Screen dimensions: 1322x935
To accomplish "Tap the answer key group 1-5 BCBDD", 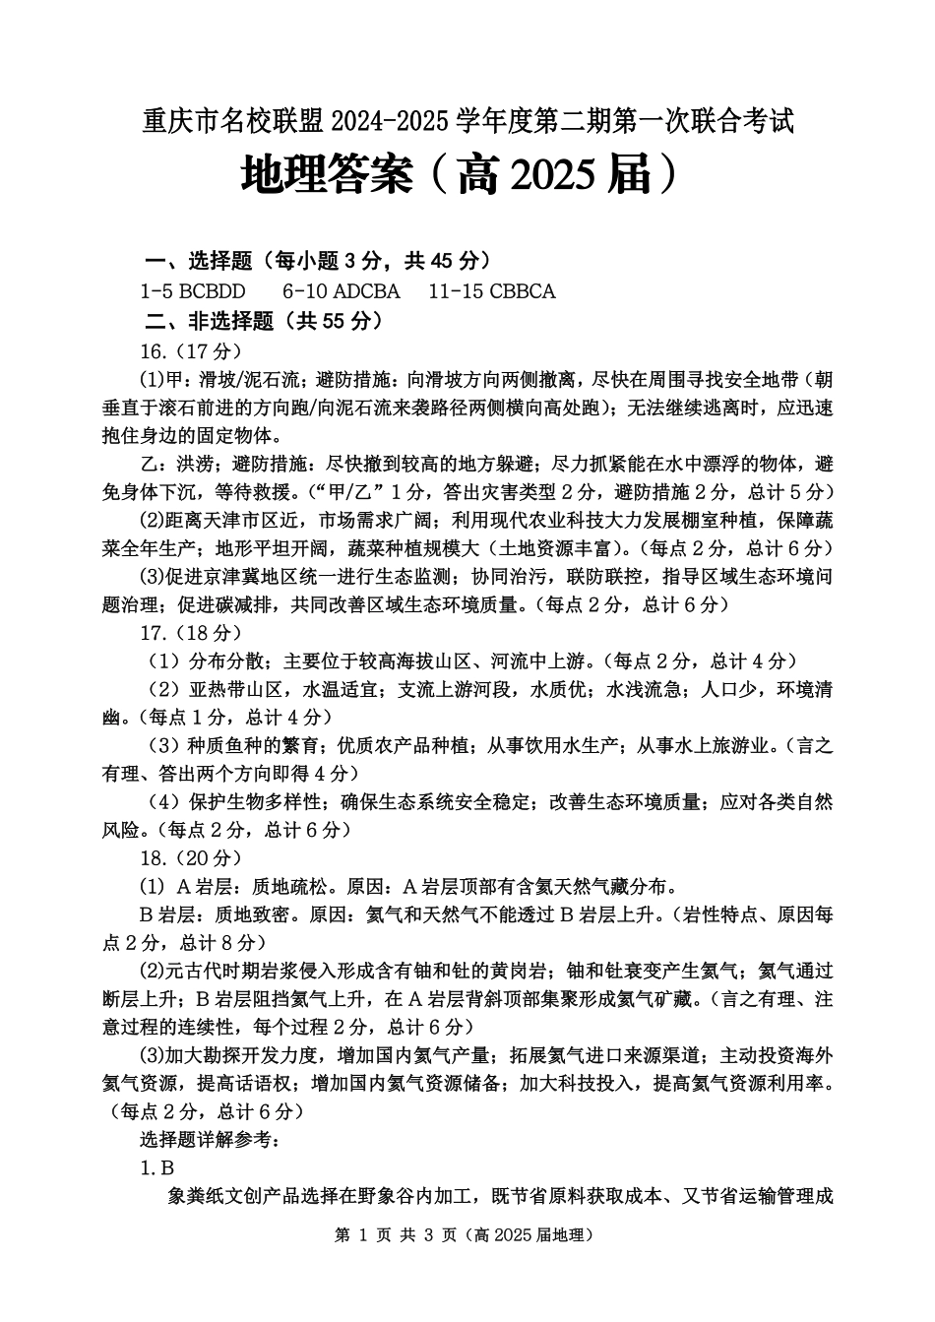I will click(x=193, y=291).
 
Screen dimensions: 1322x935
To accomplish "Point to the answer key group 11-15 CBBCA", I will click(x=492, y=291).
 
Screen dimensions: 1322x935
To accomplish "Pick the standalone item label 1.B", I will click(x=157, y=1168).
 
